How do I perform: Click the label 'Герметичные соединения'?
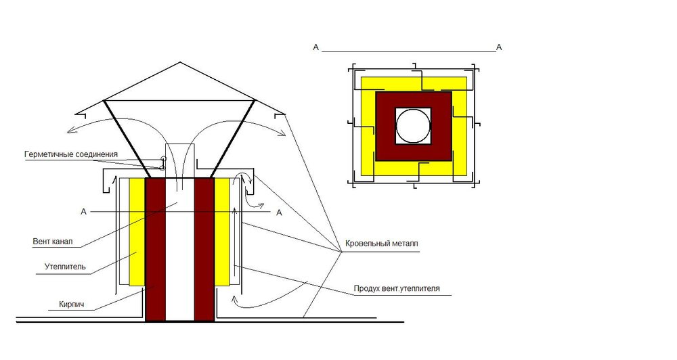point(71,154)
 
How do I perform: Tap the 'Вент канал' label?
point(53,242)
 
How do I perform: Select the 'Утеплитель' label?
point(65,267)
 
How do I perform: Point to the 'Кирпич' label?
point(72,305)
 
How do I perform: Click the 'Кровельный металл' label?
point(382,244)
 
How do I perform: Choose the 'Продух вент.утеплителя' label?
point(397,288)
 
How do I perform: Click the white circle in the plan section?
point(413,126)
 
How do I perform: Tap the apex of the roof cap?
point(180,62)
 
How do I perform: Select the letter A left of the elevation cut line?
point(84,212)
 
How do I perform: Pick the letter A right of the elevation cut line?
point(280,212)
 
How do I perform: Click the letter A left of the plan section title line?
point(315,47)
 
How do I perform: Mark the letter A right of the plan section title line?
point(499,47)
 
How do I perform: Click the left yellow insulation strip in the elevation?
point(137,232)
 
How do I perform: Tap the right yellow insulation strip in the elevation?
point(222,232)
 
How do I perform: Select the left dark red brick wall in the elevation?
point(156,250)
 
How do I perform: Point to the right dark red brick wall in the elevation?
point(204,250)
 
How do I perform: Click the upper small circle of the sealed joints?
point(164,159)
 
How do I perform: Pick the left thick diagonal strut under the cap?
point(127,139)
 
